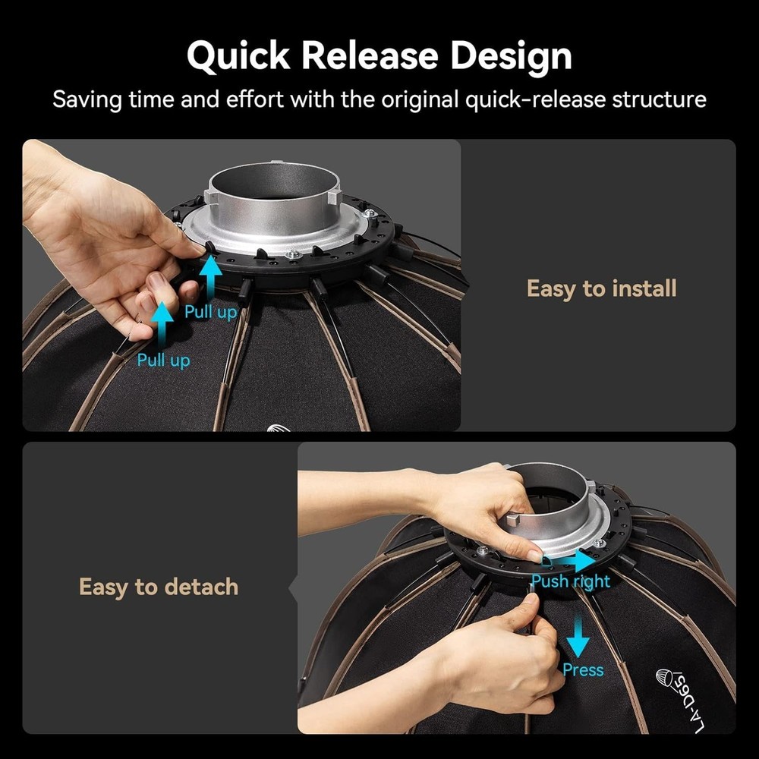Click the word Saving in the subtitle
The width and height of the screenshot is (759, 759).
(x=90, y=99)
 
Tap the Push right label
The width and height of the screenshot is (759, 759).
(x=570, y=581)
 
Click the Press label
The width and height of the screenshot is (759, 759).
(x=583, y=669)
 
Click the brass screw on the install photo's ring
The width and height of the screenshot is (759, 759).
(x=291, y=254)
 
